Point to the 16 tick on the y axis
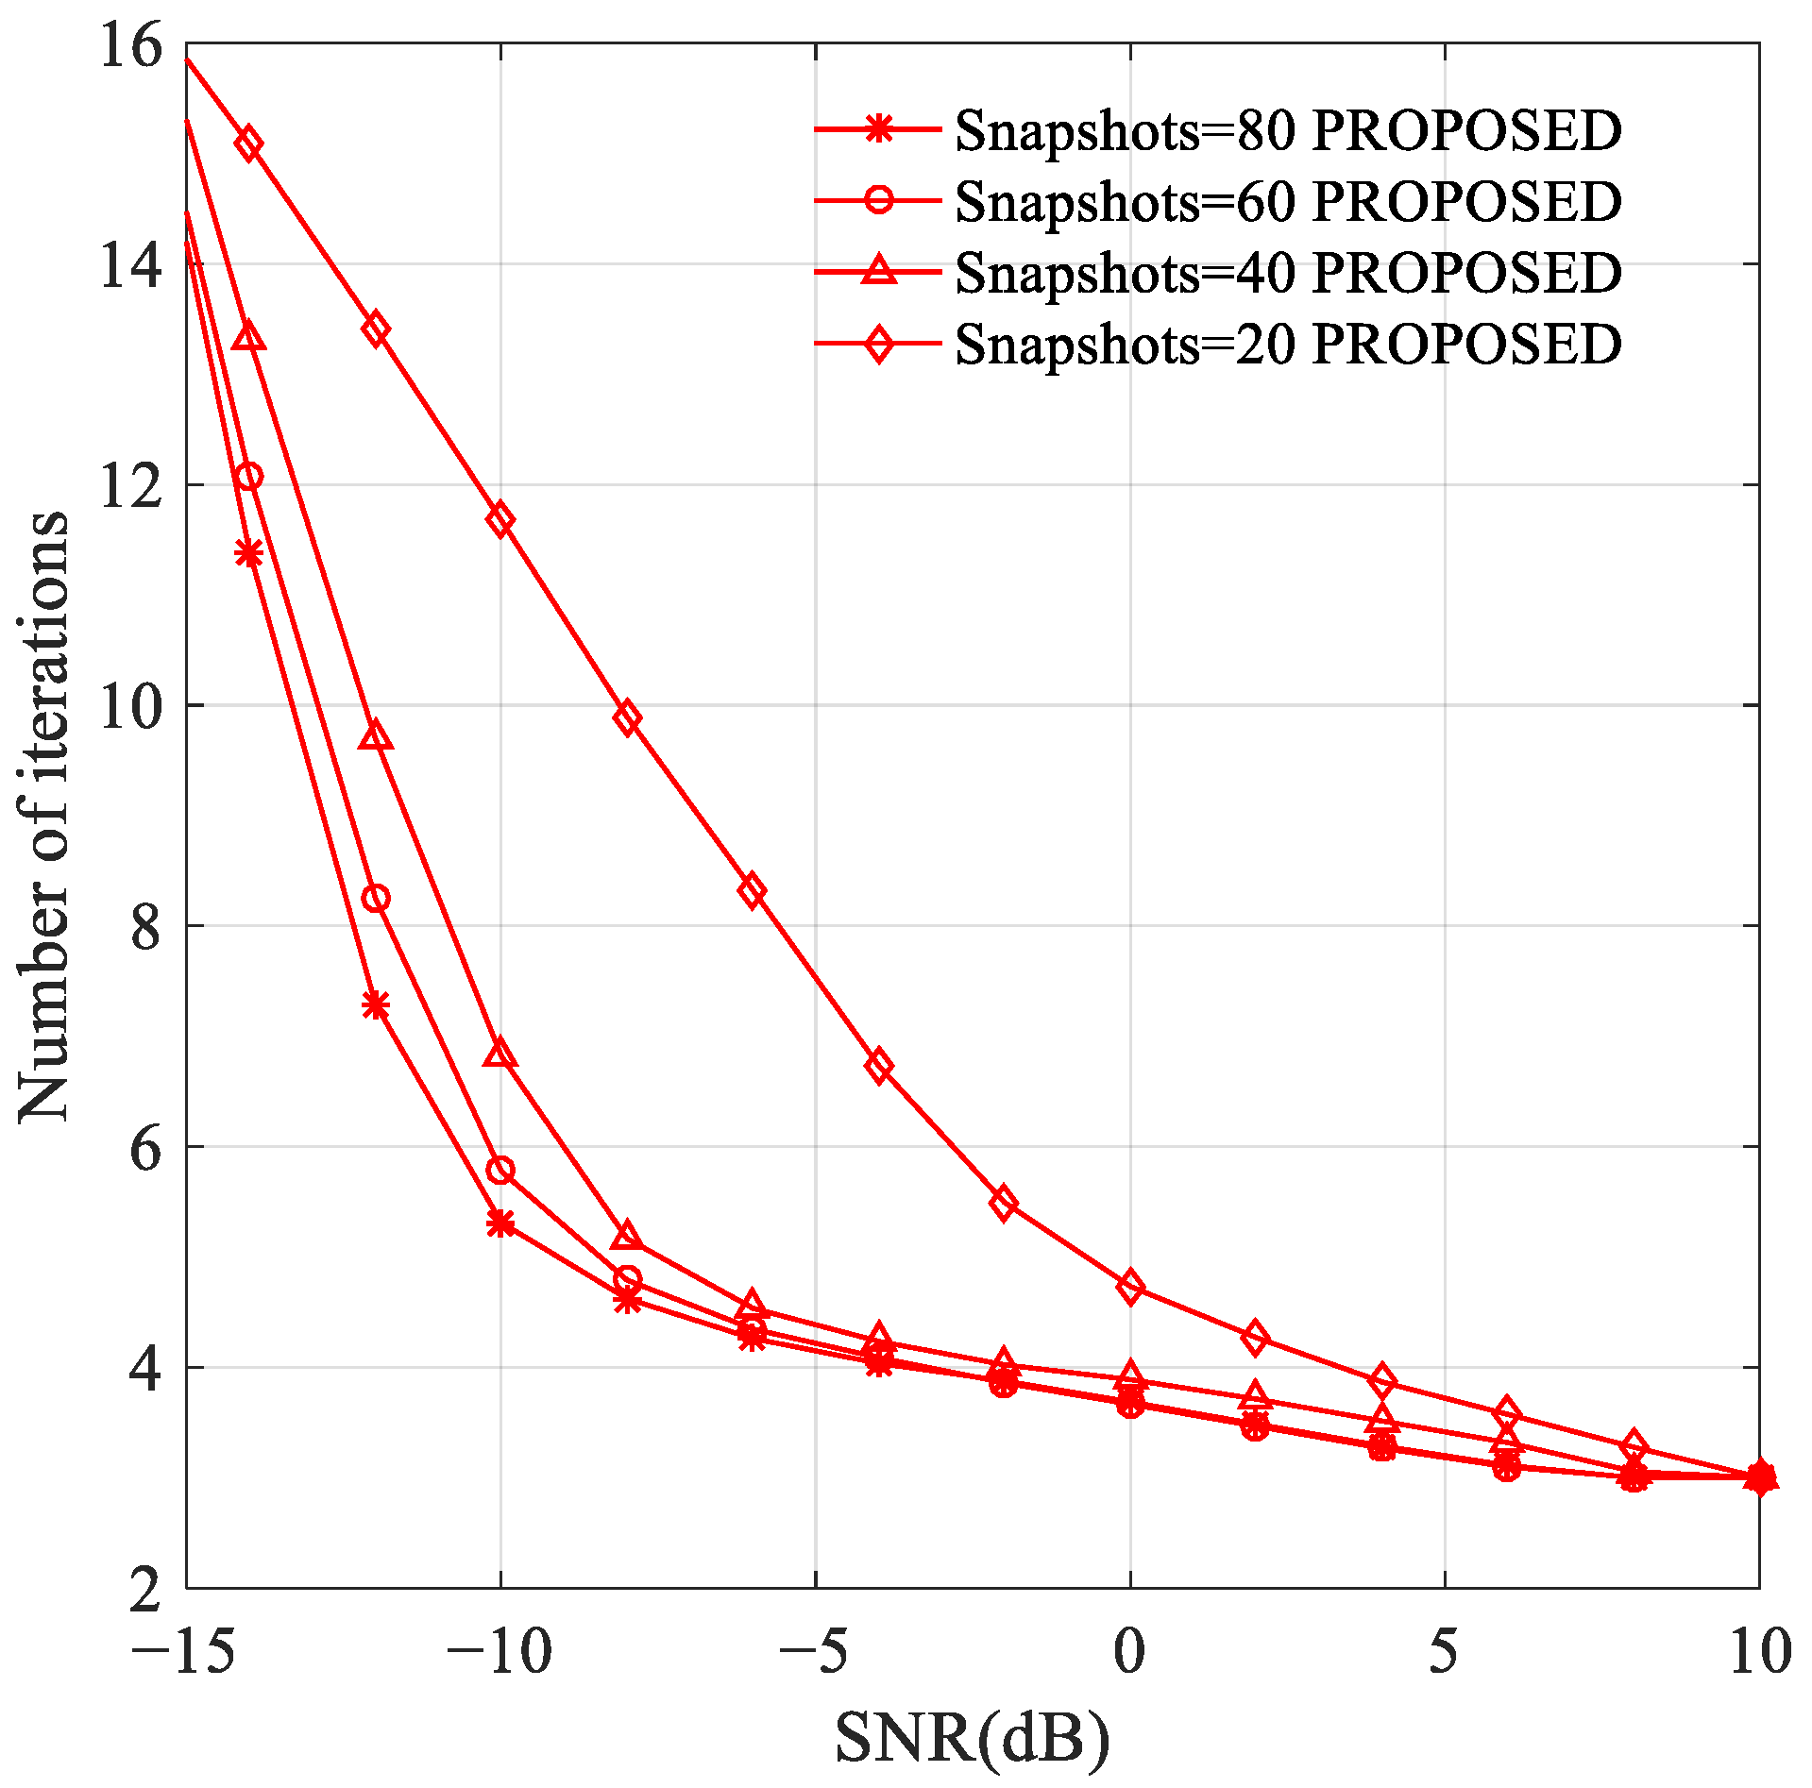131,45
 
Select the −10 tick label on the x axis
499,1651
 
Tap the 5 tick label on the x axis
1444,1651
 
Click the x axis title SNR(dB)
973,1738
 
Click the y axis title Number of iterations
44,817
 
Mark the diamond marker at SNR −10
500,519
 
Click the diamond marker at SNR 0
1130,1288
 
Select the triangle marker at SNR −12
376,737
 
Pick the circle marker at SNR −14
249,477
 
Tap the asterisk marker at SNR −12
376,1005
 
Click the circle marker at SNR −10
500,1171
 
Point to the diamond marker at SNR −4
879,1067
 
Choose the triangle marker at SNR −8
627,1236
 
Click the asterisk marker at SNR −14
249,553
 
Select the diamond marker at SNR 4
1382,1381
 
